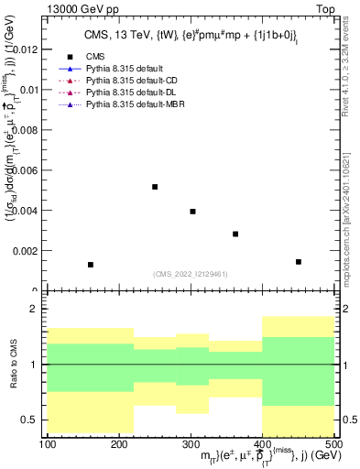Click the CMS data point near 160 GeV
[x=91, y=265]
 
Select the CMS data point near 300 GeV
[x=192, y=212]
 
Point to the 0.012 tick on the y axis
[x=27, y=49]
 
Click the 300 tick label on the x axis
[x=191, y=444]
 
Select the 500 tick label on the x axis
[x=333, y=444]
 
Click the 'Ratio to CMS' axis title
[x=12, y=365]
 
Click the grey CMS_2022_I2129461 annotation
[x=190, y=273]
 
